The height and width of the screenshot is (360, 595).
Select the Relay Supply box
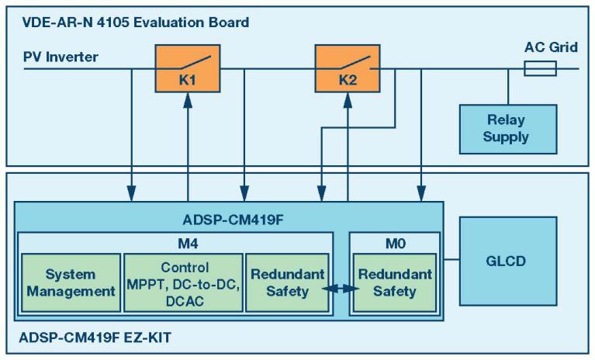click(506, 128)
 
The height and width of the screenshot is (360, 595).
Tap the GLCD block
click(507, 261)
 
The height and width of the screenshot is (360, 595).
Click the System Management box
click(71, 282)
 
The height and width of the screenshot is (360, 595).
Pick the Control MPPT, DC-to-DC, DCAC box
click(184, 282)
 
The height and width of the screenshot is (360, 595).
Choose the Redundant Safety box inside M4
click(280, 282)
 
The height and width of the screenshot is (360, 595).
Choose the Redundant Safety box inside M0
click(394, 282)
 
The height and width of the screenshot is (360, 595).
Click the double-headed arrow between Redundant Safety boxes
click(341, 289)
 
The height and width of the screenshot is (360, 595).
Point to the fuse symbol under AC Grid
click(541, 70)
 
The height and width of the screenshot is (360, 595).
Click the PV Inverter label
click(61, 56)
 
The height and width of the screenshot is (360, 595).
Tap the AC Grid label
click(551, 48)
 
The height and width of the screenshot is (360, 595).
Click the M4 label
click(175, 241)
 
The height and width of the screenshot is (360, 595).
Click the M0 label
click(393, 241)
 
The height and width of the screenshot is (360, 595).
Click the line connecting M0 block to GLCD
click(451, 261)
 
